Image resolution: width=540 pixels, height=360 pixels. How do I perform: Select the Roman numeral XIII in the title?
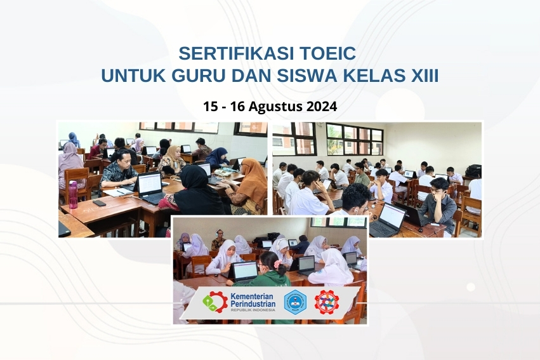(421, 76)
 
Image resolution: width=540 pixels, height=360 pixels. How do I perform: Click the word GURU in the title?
(197, 76)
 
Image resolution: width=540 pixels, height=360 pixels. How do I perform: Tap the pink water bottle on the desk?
(73, 194)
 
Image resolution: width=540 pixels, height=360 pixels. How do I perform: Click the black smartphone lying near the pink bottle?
(99, 203)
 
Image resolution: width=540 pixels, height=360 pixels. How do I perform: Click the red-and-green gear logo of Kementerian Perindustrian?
(215, 302)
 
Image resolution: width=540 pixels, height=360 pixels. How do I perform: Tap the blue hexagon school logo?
(294, 302)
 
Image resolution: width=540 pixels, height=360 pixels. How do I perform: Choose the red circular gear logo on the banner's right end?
(327, 302)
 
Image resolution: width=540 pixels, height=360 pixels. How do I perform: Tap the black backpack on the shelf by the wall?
(473, 170)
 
